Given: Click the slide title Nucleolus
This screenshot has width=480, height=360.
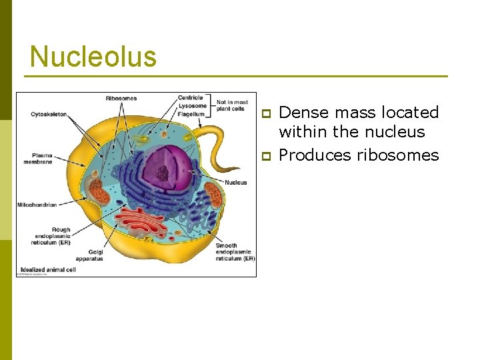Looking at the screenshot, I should pos(93,57).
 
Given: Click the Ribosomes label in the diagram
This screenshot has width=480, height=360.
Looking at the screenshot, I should pos(121,99).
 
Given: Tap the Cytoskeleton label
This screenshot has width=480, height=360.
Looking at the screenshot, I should pos(49,115).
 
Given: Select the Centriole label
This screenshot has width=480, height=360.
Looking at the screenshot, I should pos(190,98).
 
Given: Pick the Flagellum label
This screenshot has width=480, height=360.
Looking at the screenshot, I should pos(191,114).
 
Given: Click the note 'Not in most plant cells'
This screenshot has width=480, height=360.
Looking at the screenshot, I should pos(233,105).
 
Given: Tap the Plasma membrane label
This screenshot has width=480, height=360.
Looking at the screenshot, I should pos(38,159).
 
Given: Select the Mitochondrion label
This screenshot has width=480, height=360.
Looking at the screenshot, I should pos(37,204).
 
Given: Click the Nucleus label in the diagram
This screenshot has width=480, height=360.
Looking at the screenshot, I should pos(236,183).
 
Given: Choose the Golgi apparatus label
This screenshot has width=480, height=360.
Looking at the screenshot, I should pos(89,255).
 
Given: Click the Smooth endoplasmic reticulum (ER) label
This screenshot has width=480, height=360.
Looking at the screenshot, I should pos(234,252).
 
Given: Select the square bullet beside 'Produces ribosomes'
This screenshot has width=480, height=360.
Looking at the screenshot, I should pos(265,156).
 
